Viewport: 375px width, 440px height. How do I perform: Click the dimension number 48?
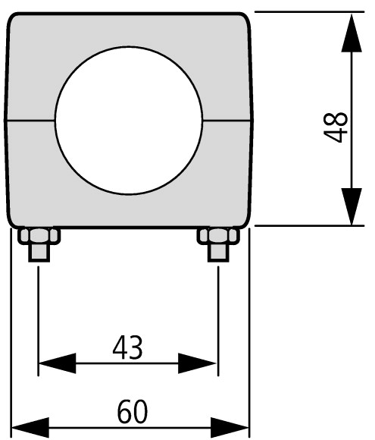pos(336,127)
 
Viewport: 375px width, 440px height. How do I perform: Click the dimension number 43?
pos(127,348)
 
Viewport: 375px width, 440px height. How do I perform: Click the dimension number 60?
pos(133,412)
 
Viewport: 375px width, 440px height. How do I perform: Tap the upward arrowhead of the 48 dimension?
pos(352,33)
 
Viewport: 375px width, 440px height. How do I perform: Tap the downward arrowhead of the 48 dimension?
pos(352,206)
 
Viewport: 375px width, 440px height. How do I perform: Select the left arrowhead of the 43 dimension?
pos(57,363)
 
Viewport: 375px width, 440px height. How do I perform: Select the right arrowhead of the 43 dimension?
pos(197,363)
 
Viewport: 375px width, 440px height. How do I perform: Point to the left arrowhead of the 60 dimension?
pos(30,428)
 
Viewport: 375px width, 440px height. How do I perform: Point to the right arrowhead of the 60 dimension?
pos(230,428)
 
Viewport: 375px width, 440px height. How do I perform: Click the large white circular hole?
pos(129,121)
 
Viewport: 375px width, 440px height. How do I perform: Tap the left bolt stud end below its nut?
pos(39,253)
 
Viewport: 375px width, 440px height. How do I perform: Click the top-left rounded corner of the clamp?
pos(12,17)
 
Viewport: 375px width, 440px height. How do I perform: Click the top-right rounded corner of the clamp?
pos(245,17)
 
